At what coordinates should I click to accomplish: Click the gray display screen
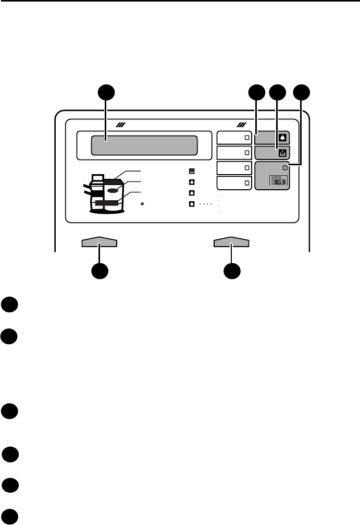144,145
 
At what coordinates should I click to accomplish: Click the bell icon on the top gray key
283,138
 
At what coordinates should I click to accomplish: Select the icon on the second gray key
283,153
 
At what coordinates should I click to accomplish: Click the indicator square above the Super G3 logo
284,167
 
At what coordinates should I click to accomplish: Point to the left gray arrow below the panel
100,242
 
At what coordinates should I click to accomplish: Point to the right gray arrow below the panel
232,242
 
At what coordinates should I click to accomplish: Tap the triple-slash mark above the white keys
241,125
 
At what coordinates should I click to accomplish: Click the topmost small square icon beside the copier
192,171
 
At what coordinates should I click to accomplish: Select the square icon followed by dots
192,204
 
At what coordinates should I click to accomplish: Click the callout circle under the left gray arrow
100,272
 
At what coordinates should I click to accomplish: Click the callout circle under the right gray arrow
232,272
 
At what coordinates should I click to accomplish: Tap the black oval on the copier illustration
114,190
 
